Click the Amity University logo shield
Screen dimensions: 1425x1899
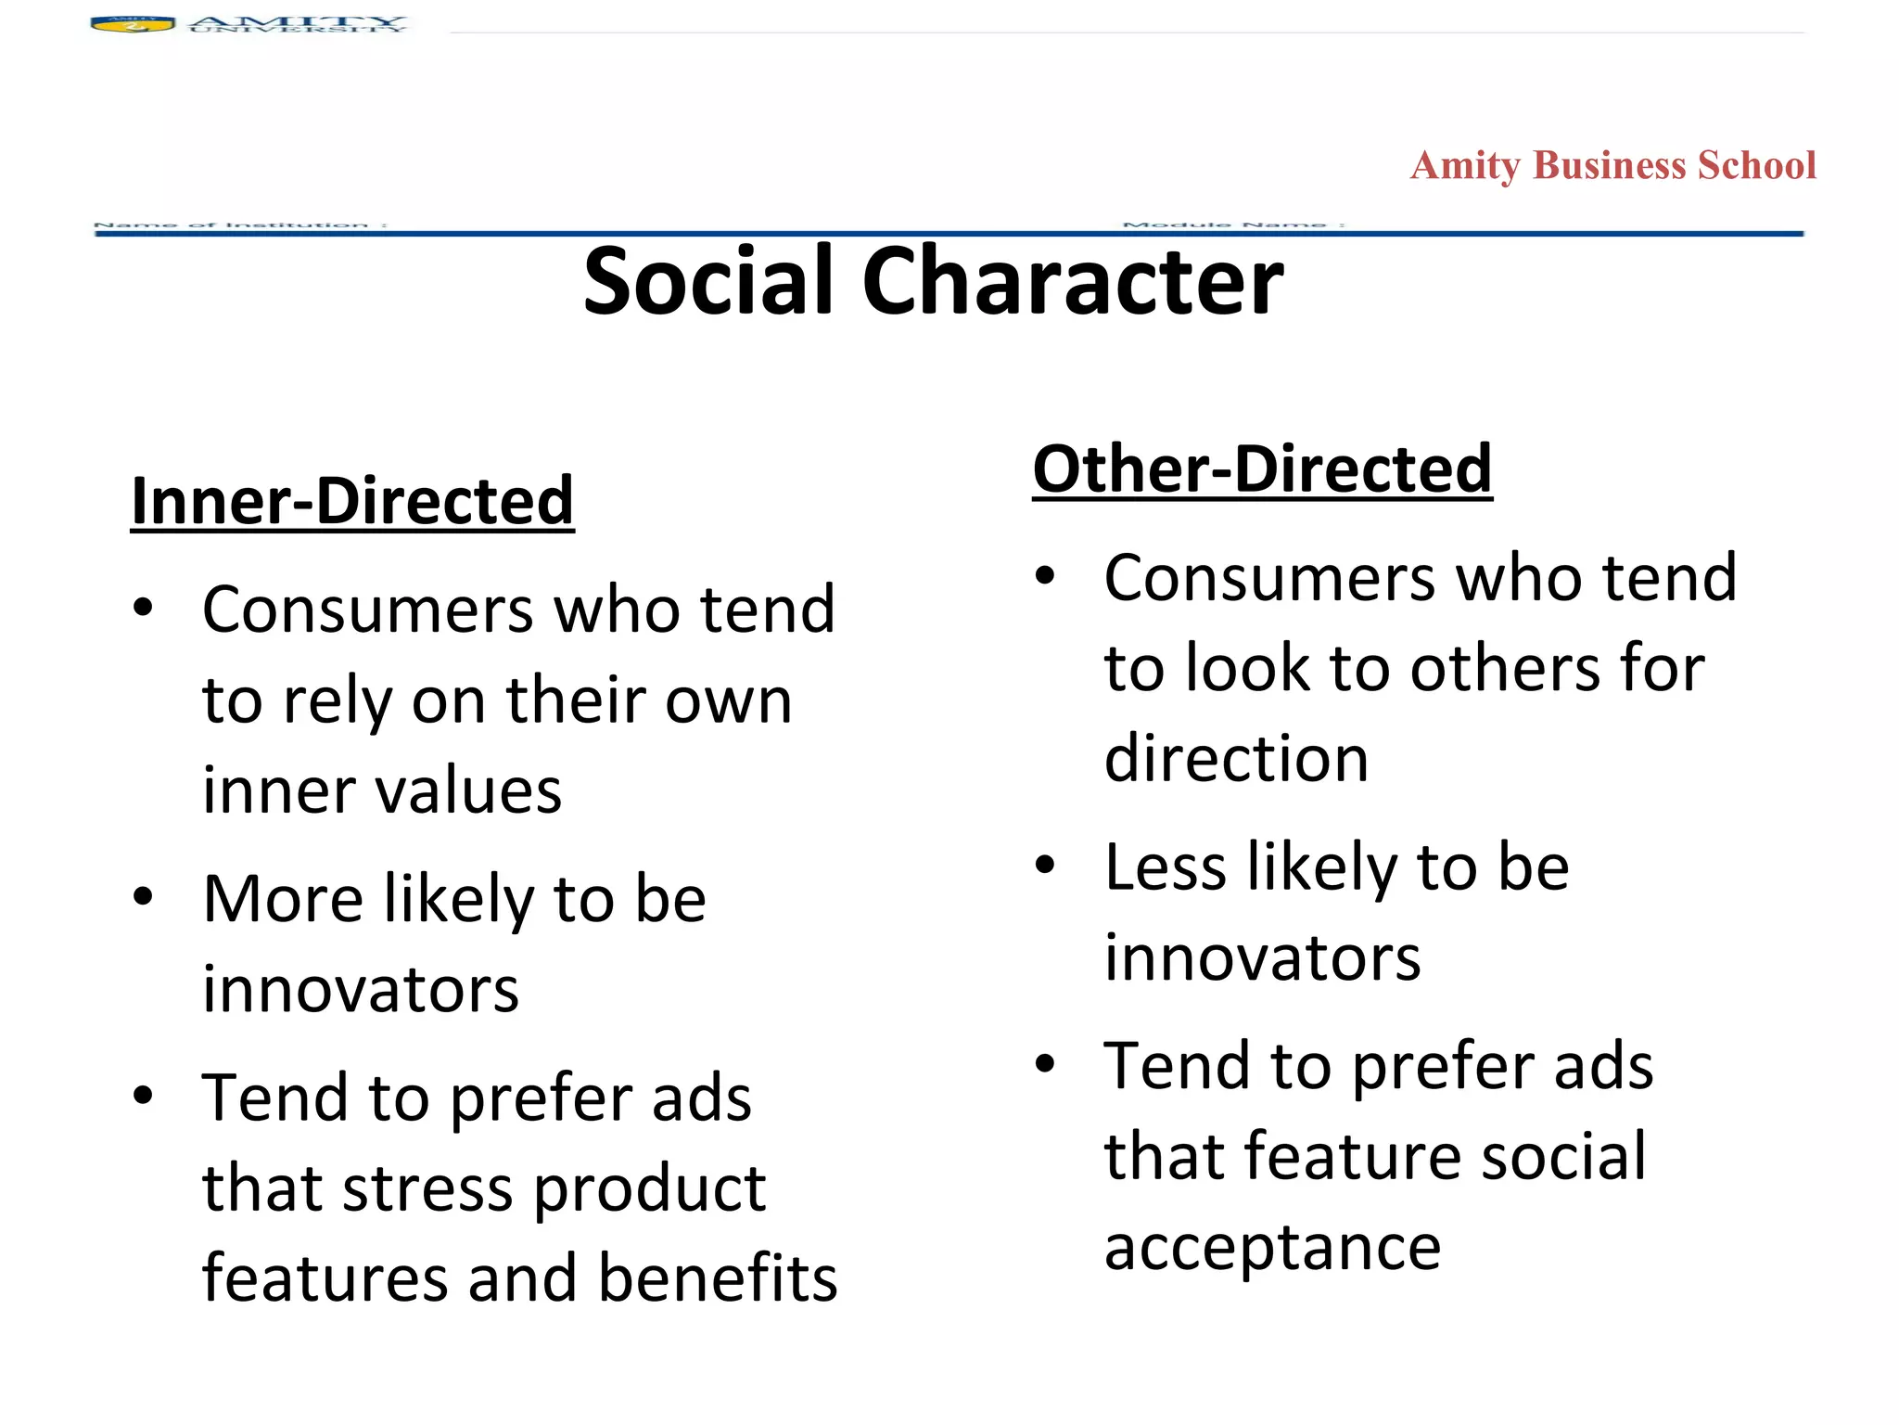pos(133,24)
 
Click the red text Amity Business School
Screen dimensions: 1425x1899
pos(1612,166)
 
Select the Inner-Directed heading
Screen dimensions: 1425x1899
pos(352,502)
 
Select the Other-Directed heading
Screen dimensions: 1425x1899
pos(1262,469)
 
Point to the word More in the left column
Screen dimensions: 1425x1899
pos(283,899)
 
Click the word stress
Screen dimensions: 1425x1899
pos(427,1188)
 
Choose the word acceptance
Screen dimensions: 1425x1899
pos(1272,1247)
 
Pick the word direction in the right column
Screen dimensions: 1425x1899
pos(1236,758)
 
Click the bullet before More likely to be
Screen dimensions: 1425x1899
pos(143,897)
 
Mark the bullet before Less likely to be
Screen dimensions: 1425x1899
pos(1045,866)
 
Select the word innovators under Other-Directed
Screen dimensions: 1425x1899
pos(1262,957)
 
